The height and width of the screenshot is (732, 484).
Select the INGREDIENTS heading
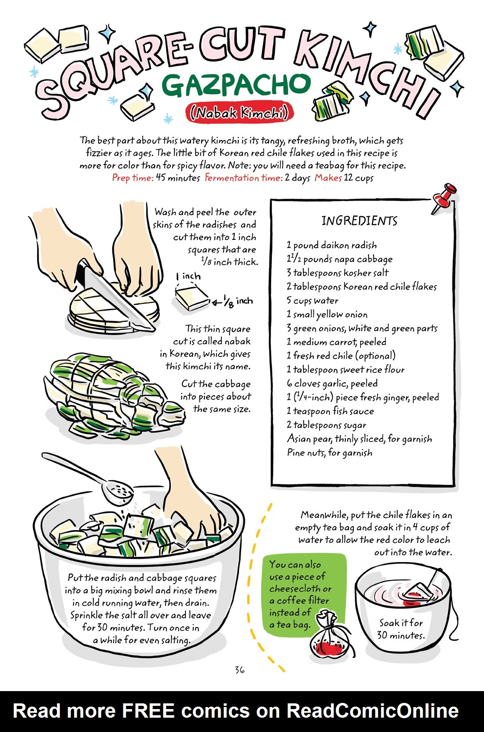[359, 221]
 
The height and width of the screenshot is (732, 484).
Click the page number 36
[240, 670]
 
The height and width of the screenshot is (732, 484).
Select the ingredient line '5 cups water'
[312, 301]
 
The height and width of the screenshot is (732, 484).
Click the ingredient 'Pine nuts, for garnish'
[330, 453]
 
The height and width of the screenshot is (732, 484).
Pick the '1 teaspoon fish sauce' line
[330, 411]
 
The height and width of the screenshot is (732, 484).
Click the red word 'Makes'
[328, 178]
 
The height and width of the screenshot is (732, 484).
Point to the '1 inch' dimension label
[188, 276]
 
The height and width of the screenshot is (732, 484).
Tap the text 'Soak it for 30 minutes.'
[400, 629]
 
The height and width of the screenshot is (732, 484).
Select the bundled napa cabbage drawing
[111, 393]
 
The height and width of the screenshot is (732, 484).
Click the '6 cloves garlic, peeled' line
[332, 383]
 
